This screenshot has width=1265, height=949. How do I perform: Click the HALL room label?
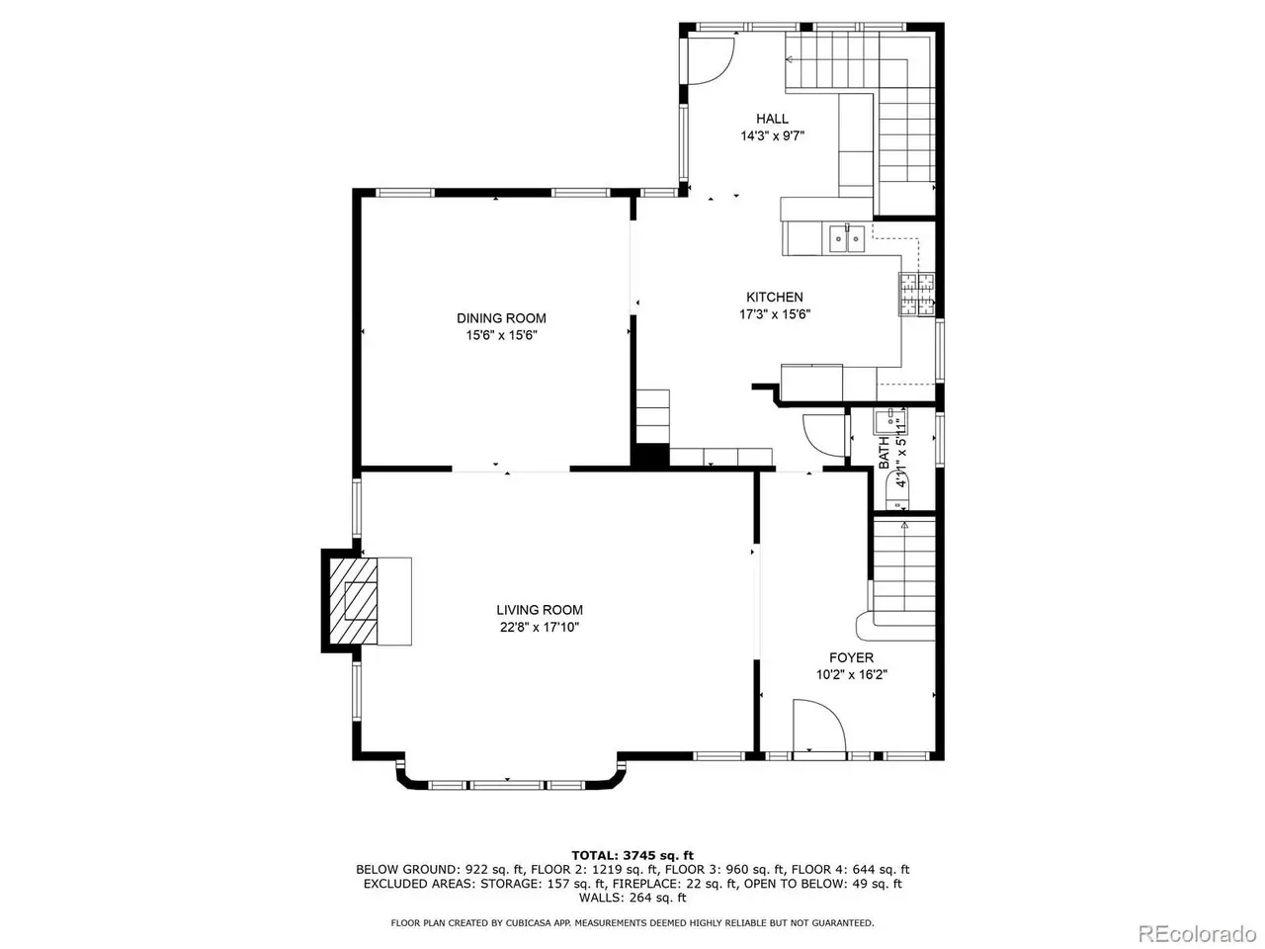772,119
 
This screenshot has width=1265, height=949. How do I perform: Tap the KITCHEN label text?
774,297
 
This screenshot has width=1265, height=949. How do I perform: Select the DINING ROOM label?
501,318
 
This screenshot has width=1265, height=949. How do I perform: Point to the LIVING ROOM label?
539,610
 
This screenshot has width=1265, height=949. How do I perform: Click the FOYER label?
851,657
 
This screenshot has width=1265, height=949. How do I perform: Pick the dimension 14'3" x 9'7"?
772,136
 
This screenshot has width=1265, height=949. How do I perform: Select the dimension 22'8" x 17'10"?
539,627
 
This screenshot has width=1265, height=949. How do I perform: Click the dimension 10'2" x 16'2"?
851,675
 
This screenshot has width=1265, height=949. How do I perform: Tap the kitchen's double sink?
847,238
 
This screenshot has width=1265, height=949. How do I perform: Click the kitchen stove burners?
916,294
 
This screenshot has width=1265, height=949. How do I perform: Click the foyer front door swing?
819,725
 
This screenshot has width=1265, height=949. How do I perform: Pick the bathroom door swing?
823,436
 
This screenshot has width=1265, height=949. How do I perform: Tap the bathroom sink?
889,422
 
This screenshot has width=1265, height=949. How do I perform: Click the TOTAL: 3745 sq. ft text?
632,855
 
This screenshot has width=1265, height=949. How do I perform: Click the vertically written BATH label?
884,453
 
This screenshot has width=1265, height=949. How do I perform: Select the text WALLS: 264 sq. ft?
632,898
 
